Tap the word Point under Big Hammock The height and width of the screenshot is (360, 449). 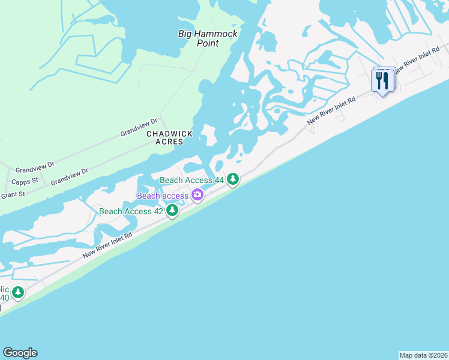tap(207, 44)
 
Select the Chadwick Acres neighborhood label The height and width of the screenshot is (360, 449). tap(164, 137)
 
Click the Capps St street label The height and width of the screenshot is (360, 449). tap(25, 181)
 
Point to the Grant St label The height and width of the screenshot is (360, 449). tap(13, 194)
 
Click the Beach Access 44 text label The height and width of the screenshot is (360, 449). tap(191, 180)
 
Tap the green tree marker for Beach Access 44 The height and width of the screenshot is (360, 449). tap(233, 179)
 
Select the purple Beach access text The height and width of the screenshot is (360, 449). tap(163, 196)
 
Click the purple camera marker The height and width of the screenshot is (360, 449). tap(197, 195)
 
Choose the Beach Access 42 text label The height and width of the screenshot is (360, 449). tap(131, 211)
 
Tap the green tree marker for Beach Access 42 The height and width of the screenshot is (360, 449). tap(172, 211)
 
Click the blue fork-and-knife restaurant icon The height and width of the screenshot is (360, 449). tap(383, 80)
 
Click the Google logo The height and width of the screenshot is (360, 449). tap(20, 353)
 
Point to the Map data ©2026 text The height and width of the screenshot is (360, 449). tap(423, 355)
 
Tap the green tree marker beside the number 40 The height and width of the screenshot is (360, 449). tap(19, 293)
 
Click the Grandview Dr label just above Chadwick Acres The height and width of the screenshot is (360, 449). tap(138, 126)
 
